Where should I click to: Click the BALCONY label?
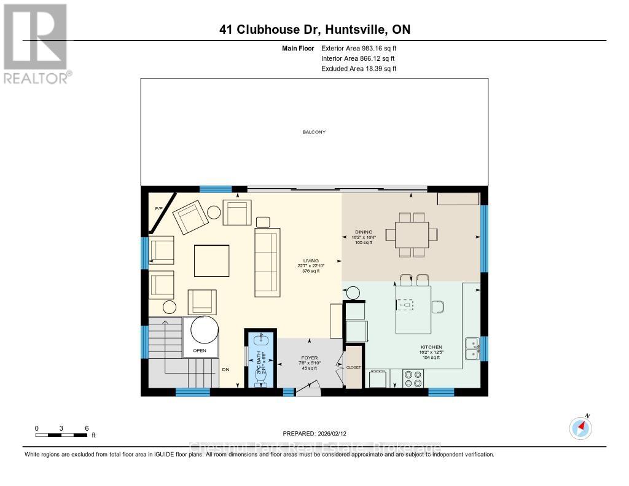314,132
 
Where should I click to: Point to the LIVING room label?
311,261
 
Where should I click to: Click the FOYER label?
309,357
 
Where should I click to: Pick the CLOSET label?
354,368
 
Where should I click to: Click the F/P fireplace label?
158,210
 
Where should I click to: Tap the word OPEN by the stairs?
200,351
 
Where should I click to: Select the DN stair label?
226,370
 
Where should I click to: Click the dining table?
412,234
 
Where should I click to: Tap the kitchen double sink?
472,348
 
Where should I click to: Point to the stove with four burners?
413,378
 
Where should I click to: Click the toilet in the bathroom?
260,378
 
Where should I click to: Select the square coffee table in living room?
213,261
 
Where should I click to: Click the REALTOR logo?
36,44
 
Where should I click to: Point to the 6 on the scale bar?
87,428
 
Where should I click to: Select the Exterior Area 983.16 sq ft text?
363,48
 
